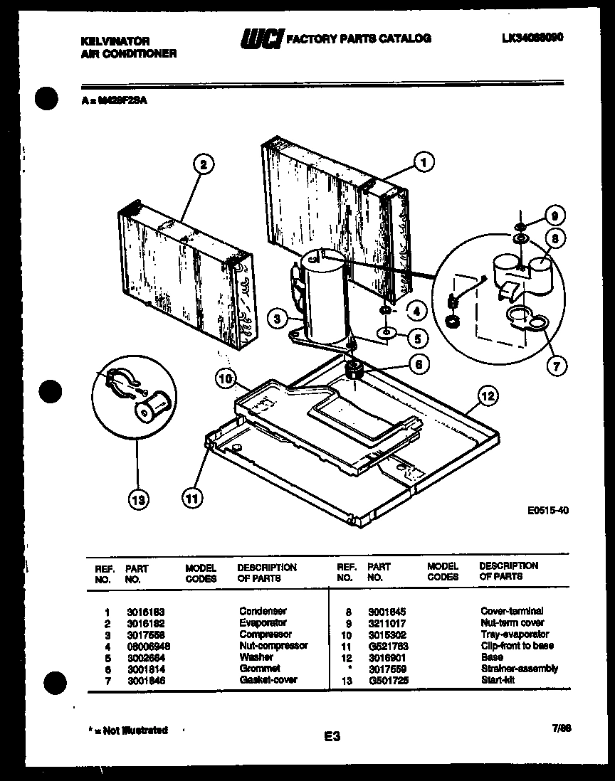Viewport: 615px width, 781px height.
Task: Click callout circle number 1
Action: pyautogui.click(x=424, y=163)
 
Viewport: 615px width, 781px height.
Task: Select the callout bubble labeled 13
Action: pyautogui.click(x=139, y=500)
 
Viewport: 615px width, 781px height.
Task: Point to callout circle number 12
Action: pyautogui.click(x=488, y=395)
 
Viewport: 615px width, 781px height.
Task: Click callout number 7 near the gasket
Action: pyautogui.click(x=556, y=366)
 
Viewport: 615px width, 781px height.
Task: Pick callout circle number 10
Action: pyautogui.click(x=226, y=380)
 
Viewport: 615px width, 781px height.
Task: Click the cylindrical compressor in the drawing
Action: pyautogui.click(x=324, y=295)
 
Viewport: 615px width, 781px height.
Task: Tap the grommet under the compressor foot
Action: pyautogui.click(x=353, y=368)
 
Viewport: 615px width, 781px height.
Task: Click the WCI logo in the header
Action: pyautogui.click(x=262, y=39)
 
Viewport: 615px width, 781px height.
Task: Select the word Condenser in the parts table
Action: pyautogui.click(x=263, y=611)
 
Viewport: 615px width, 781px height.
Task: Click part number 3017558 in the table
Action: pyautogui.click(x=144, y=634)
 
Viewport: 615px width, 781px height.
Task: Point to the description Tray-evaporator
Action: pyautogui.click(x=515, y=634)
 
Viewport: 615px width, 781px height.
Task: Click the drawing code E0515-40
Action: pyautogui.click(x=548, y=510)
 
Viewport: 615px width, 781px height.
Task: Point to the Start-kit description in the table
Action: pyautogui.click(x=498, y=679)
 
